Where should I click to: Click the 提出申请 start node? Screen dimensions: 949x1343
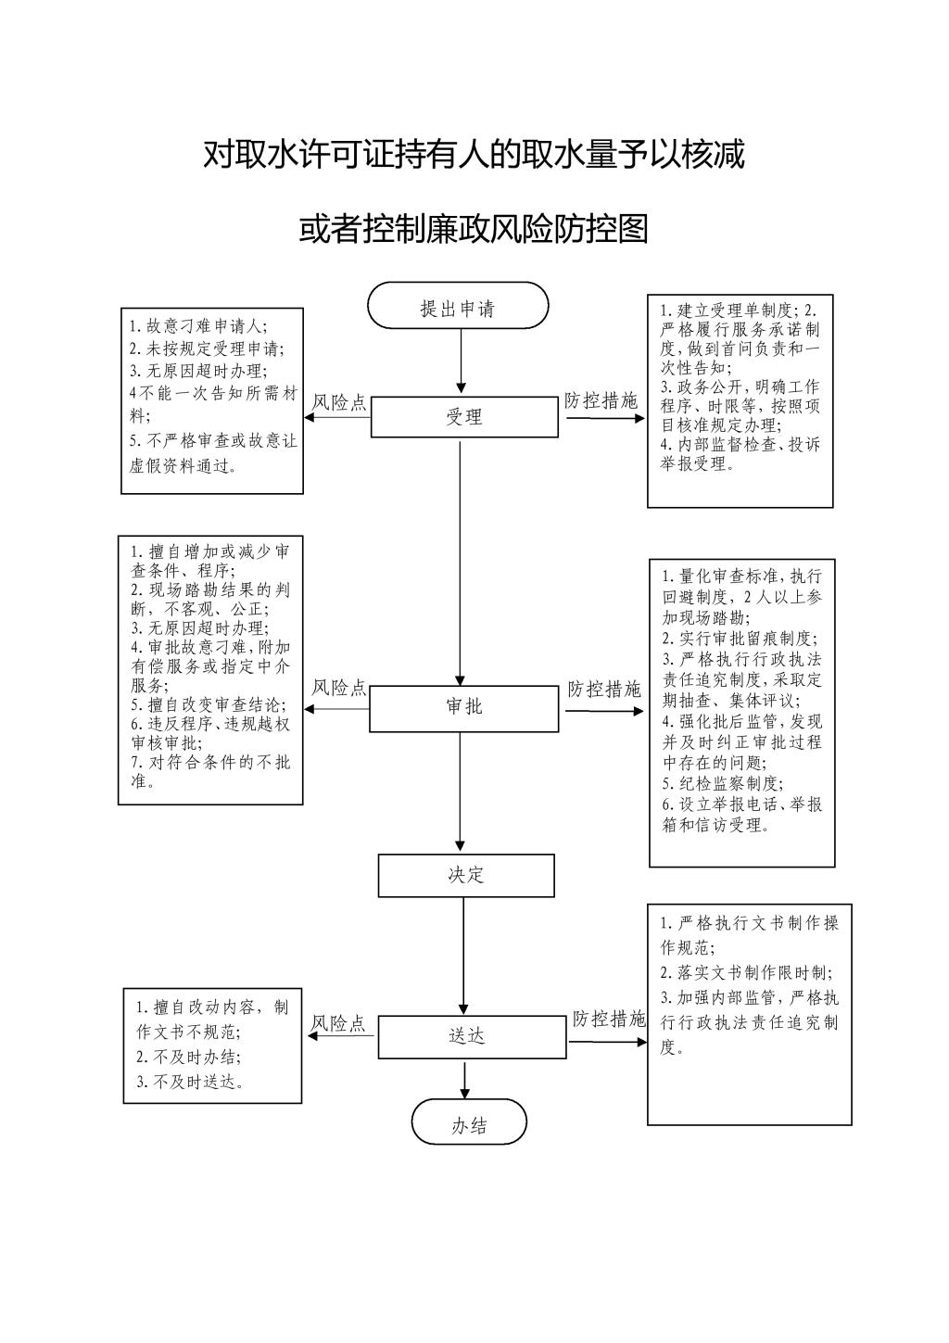pos(458,305)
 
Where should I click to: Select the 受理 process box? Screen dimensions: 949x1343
pos(464,417)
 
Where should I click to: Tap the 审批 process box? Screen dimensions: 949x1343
pos(464,709)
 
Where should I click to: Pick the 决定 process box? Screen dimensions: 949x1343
pos(466,875)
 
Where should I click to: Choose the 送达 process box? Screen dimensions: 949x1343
pos(472,1036)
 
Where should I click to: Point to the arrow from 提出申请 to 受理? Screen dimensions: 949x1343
pos(461,361)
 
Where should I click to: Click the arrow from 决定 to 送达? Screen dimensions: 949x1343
pos(463,956)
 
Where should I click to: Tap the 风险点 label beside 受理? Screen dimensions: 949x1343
pos(338,403)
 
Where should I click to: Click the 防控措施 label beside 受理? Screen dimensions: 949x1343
pos(601,400)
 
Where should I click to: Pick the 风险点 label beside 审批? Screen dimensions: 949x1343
pos(338,688)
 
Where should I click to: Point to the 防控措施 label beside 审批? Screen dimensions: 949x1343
pos(604,690)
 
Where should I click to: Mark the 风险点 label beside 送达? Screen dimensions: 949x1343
pos(337,1023)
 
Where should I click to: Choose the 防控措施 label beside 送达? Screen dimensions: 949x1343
pos(609,1019)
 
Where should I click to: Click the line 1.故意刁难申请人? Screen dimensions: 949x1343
pos(198,326)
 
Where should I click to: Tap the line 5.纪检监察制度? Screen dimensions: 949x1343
pos(722,783)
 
